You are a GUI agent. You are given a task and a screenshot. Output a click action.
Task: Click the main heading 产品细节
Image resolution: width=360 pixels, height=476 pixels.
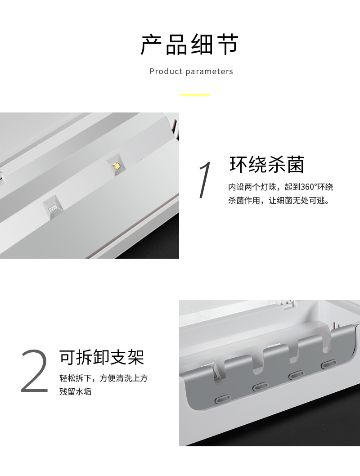pyautogui.click(x=190, y=45)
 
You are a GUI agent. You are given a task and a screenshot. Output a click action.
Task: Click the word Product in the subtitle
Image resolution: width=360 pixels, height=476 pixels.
pyautogui.click(x=166, y=72)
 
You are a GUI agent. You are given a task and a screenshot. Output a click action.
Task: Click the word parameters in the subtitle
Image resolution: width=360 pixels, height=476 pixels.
pyautogui.click(x=209, y=72)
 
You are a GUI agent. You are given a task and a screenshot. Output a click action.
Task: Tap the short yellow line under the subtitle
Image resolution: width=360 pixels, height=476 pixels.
pyautogui.click(x=194, y=95)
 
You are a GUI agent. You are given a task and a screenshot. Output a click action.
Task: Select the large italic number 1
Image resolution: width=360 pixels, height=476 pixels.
pyautogui.click(x=205, y=180)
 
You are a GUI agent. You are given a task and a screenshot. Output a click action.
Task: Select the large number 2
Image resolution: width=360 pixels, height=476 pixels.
pyautogui.click(x=34, y=371)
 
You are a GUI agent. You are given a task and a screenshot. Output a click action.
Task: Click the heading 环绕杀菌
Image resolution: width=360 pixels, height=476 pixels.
pyautogui.click(x=267, y=165)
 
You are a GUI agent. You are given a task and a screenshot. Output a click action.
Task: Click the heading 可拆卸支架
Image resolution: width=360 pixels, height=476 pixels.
pyautogui.click(x=102, y=357)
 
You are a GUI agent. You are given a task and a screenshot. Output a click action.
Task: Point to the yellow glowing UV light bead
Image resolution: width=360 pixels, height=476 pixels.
pyautogui.click(x=116, y=165)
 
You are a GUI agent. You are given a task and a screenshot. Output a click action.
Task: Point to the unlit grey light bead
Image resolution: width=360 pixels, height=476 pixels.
pyautogui.click(x=53, y=209)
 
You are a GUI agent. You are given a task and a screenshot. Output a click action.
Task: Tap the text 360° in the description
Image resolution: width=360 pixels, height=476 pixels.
pyautogui.click(x=308, y=187)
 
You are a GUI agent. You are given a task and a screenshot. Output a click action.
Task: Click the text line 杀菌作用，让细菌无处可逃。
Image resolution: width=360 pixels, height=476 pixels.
pyautogui.click(x=279, y=200)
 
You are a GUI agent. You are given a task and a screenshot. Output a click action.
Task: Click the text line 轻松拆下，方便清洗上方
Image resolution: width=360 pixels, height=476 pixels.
pyautogui.click(x=103, y=378)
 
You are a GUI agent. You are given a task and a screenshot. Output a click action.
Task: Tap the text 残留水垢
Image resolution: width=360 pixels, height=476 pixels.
pyautogui.click(x=75, y=391)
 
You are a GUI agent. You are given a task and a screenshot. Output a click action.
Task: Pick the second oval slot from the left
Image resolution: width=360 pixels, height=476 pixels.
pyautogui.click(x=261, y=386)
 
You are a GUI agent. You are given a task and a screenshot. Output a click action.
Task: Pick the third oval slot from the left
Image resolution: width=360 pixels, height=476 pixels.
pyautogui.click(x=296, y=375)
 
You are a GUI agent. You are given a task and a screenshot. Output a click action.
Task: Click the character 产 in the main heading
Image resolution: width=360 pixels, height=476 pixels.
pyautogui.click(x=151, y=45)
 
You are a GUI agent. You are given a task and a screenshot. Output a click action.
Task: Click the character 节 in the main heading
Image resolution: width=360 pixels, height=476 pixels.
pyautogui.click(x=228, y=45)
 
